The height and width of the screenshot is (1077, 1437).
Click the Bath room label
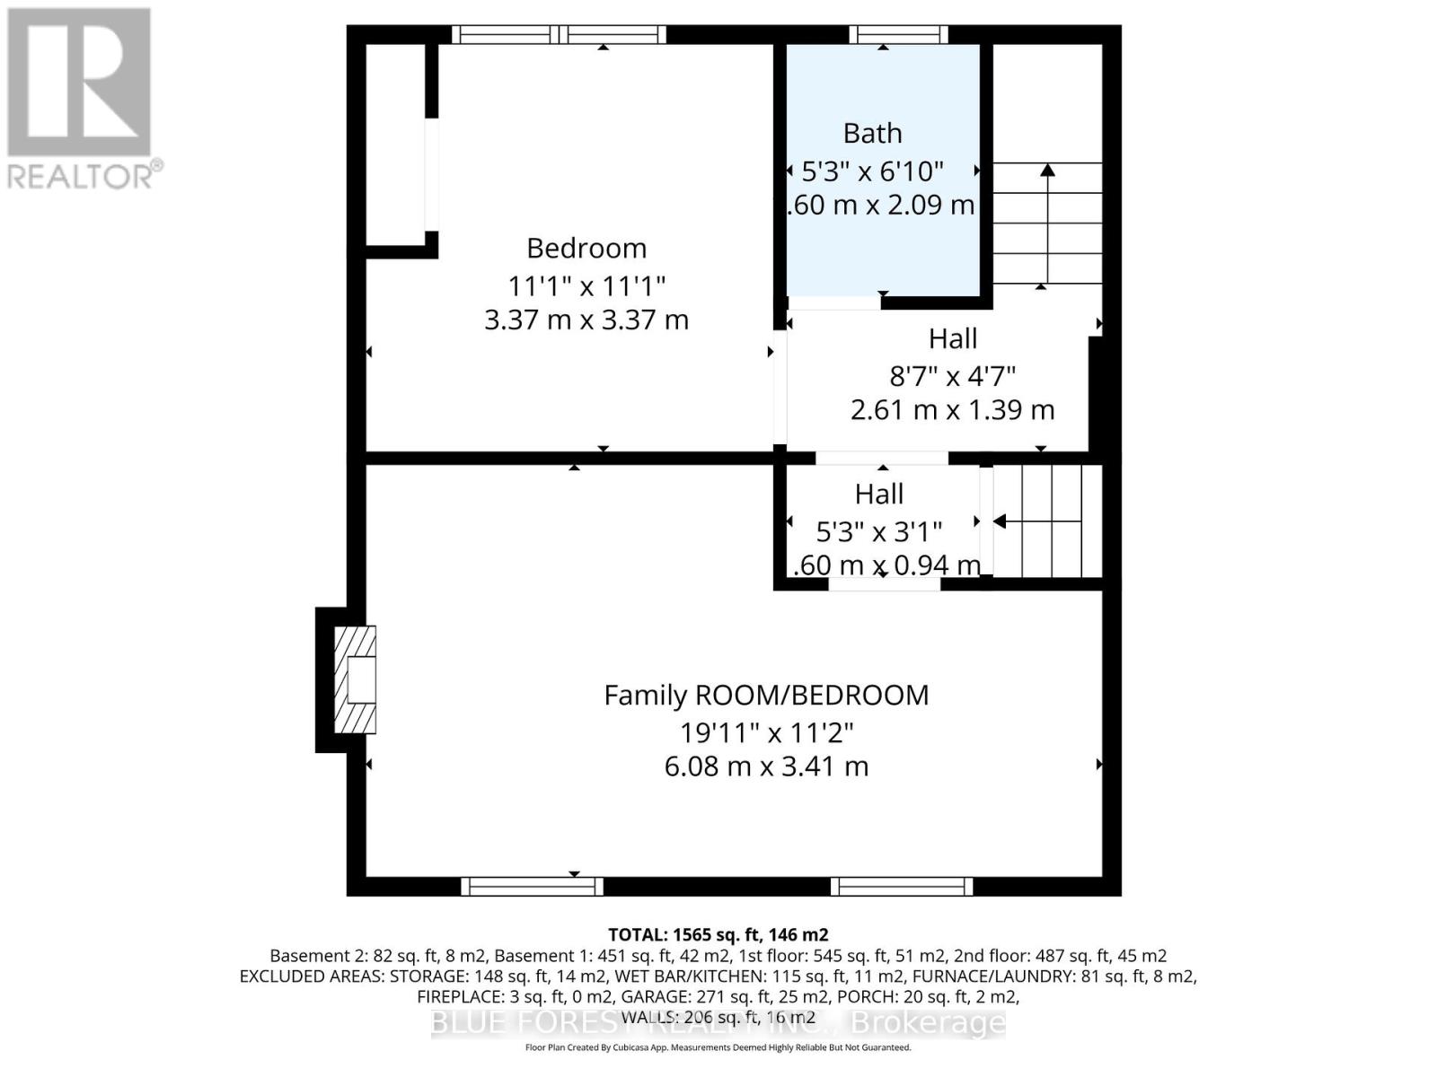point(872,134)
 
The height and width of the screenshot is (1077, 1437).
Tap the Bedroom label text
point(586,248)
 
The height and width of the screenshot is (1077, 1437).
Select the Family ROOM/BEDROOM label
point(766,695)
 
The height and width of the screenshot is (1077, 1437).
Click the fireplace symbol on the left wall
point(356,679)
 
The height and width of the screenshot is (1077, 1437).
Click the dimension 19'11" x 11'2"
point(766,732)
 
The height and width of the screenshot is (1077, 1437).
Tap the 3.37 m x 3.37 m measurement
point(586,320)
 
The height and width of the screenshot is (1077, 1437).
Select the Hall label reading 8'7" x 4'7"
point(952,338)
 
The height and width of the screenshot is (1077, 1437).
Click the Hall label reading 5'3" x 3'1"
point(878,494)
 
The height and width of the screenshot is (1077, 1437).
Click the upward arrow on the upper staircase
point(1047,171)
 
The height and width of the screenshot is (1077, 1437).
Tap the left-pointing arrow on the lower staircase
point(999,521)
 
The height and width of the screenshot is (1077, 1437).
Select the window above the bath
point(898,35)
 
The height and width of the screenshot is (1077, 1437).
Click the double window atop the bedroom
point(559,35)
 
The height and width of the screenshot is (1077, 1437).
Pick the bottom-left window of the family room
point(532,887)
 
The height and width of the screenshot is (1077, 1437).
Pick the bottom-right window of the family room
point(901,887)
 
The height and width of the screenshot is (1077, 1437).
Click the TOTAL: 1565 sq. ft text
point(718,934)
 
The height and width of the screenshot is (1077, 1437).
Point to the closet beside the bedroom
point(395,144)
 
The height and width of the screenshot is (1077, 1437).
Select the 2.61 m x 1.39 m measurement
point(952,410)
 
